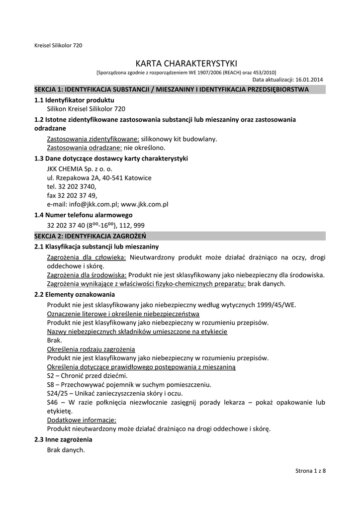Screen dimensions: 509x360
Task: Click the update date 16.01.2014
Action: [309, 79]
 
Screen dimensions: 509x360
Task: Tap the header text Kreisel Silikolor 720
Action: [58, 45]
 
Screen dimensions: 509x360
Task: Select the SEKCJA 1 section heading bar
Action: [180, 89]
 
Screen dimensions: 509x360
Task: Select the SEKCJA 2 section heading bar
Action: [180, 236]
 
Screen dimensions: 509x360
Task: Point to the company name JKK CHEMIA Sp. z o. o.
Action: [80, 169]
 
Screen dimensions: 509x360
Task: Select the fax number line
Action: [72, 195]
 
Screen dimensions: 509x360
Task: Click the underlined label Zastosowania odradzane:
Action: [84, 148]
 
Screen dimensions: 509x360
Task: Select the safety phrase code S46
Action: [53, 402]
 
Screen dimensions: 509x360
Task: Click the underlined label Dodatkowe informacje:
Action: [82, 420]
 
